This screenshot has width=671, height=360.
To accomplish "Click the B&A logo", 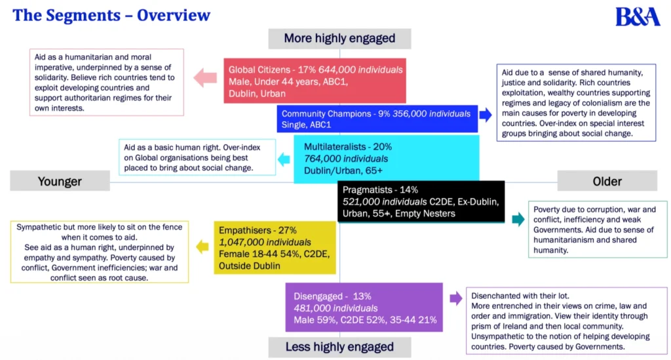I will point(637,16).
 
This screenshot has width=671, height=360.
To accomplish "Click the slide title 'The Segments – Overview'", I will point(111,15).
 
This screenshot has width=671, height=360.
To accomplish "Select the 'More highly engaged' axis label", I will point(339,38).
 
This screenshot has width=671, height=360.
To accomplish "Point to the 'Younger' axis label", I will point(60,181).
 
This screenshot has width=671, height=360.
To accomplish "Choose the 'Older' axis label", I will point(607,181).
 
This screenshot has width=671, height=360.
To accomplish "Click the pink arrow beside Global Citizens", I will point(206,79).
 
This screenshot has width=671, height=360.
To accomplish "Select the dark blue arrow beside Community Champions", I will point(486,115).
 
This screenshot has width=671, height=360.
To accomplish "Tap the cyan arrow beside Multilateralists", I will point(284,159).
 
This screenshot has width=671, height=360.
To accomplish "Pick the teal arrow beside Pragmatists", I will point(518,219).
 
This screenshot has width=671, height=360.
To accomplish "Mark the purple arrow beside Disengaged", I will point(455,299).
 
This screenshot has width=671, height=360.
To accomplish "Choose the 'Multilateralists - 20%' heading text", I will point(348,147).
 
